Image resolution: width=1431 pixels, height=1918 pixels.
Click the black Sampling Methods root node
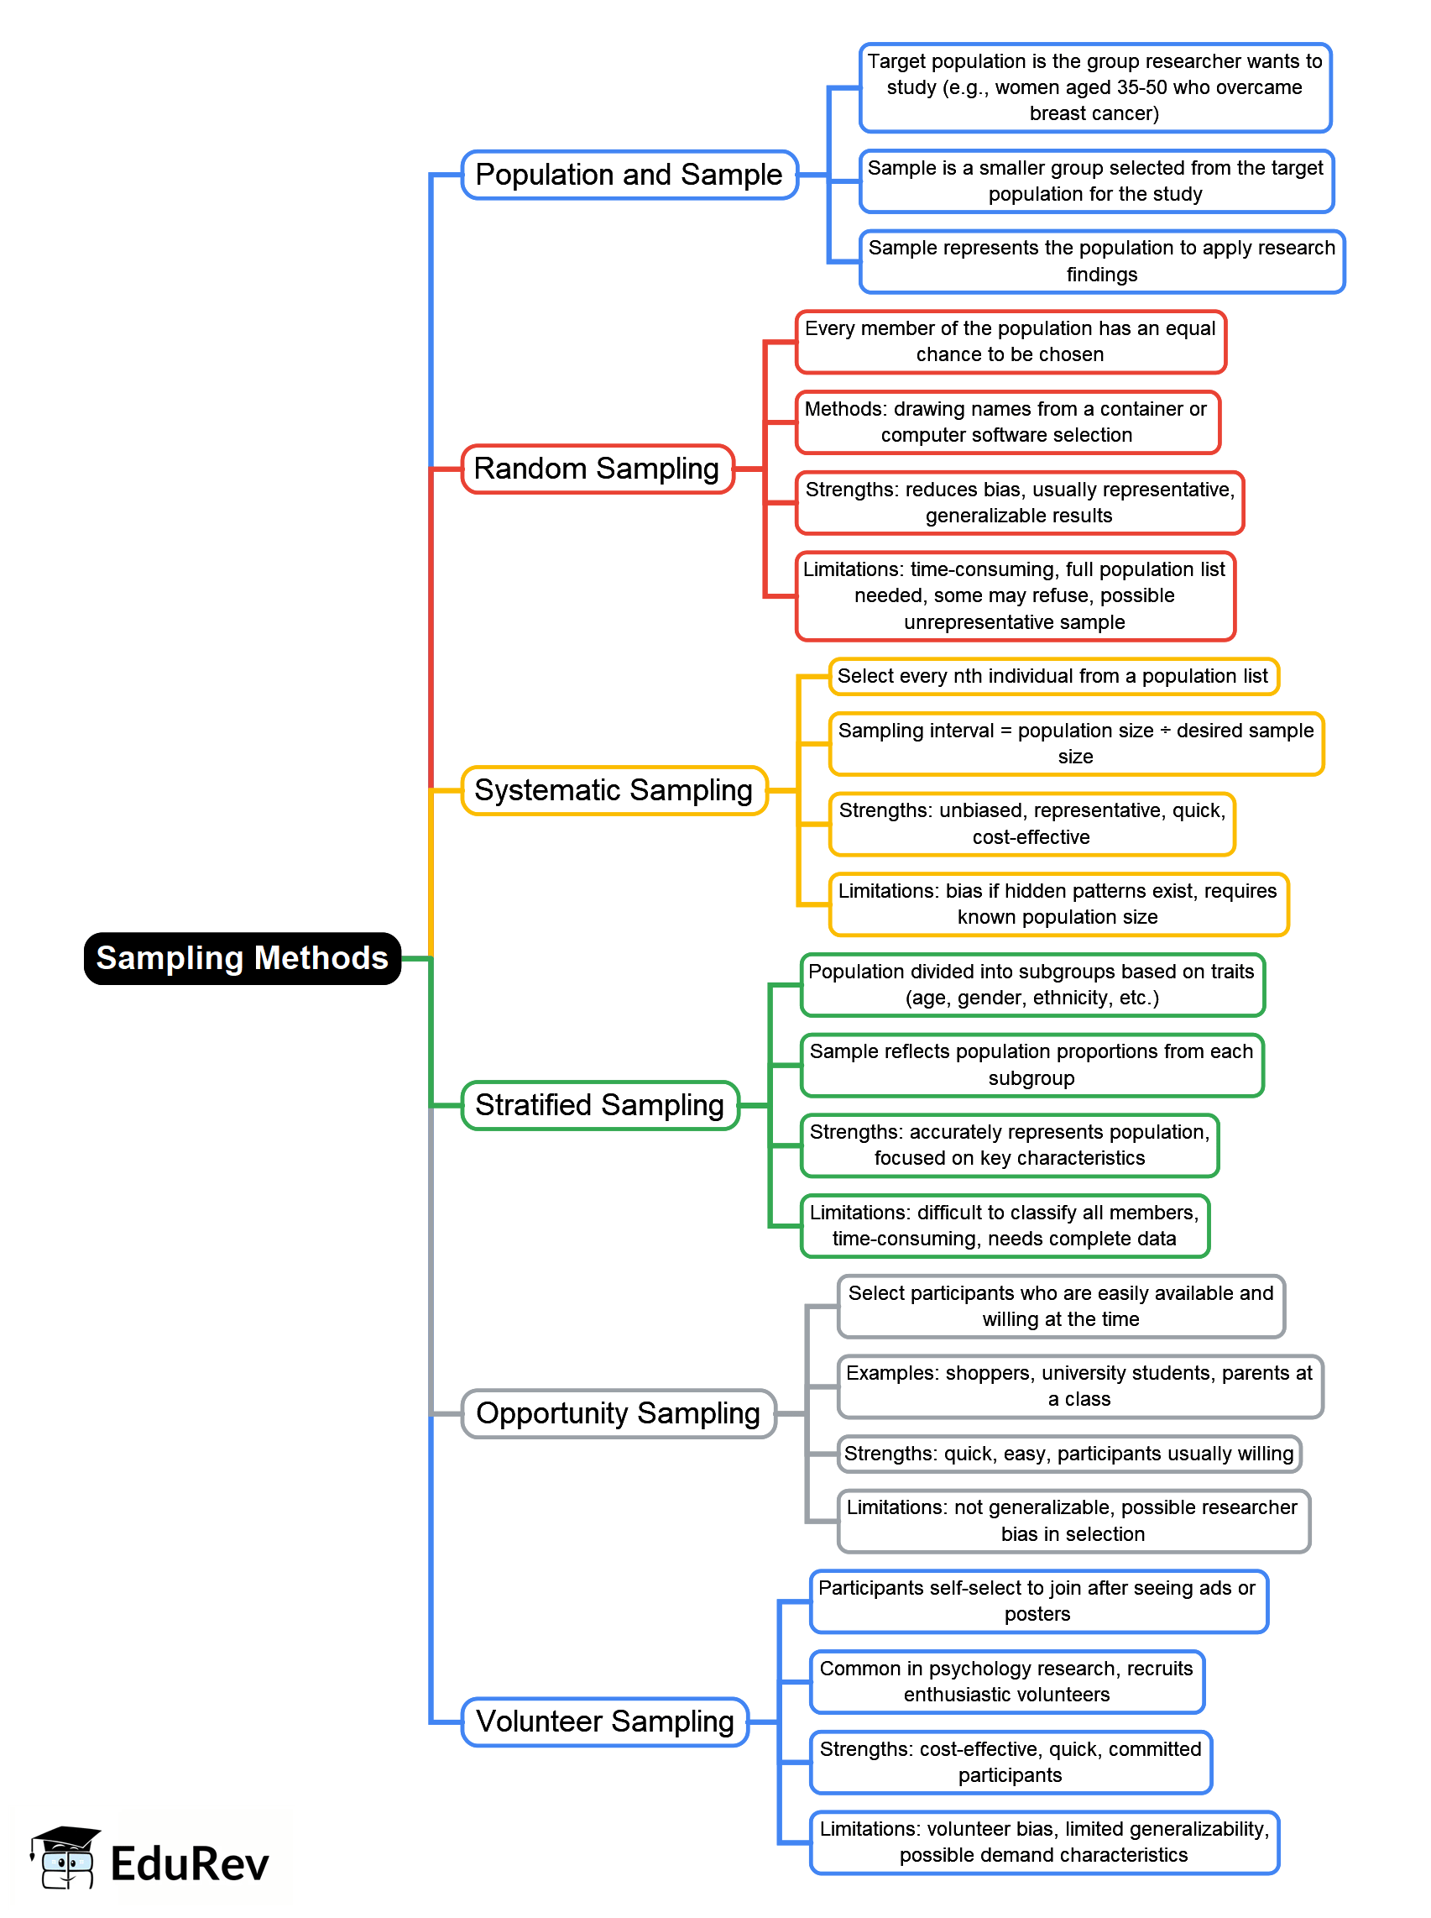tap(242, 957)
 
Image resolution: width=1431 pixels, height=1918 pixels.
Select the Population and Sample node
tap(629, 174)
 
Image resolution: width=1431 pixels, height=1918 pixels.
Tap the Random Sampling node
tap(597, 469)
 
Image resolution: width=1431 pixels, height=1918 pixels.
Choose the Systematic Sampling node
tap(614, 790)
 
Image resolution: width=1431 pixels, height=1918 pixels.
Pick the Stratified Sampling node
tap(599, 1105)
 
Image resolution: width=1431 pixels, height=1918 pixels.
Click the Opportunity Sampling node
tap(618, 1413)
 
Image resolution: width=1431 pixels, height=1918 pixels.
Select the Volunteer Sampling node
tap(604, 1721)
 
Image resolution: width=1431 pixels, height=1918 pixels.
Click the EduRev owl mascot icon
tap(65, 1858)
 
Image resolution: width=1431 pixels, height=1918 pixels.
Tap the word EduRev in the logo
tap(190, 1864)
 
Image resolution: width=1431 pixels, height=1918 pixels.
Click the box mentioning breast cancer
tap(1095, 87)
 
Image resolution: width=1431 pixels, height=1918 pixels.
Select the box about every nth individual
tap(1052, 676)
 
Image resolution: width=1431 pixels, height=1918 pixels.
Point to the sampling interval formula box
tap(1076, 744)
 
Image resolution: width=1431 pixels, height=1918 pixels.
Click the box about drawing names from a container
tap(1006, 422)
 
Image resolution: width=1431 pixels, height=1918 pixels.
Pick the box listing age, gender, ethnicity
tap(1031, 984)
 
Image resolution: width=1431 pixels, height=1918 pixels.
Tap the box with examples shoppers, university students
tap(1079, 1386)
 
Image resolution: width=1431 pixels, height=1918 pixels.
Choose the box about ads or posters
tap(1037, 1601)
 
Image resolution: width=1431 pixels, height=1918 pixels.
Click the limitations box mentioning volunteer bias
tap(1044, 1842)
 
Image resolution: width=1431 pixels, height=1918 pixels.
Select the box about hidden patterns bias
tap(1058, 904)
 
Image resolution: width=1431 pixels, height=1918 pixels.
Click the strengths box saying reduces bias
tap(1020, 503)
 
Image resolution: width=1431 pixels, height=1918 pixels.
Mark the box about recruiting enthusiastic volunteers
tap(1006, 1681)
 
